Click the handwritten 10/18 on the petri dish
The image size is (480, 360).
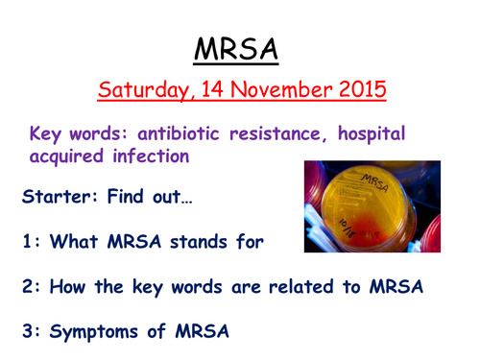point(348,228)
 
